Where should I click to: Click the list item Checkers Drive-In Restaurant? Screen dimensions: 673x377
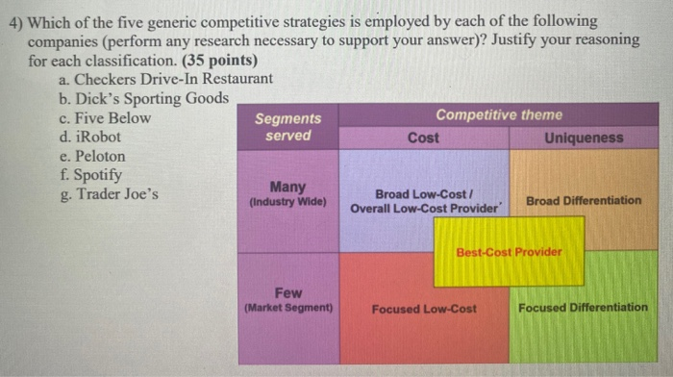point(163,79)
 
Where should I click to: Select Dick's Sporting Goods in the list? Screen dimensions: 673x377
point(143,98)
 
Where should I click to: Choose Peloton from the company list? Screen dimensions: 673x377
point(93,156)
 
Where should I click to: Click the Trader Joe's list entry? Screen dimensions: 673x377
point(108,194)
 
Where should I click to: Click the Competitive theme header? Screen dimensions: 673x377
point(499,114)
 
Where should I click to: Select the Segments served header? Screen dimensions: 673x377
point(288,127)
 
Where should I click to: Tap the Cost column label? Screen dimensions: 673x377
point(423,138)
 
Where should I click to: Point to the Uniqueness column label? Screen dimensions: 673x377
point(583,138)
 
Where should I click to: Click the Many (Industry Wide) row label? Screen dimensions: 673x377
point(288,194)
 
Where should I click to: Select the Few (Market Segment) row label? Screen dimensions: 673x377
point(289,300)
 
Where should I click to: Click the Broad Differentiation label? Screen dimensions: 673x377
point(584,200)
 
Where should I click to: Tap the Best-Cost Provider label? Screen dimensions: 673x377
point(509,252)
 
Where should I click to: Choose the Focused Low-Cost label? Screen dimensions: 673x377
point(424,309)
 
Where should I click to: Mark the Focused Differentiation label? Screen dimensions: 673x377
point(583,308)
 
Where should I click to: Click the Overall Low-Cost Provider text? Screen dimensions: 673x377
point(424,208)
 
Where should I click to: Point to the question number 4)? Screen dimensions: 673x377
point(17,21)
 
